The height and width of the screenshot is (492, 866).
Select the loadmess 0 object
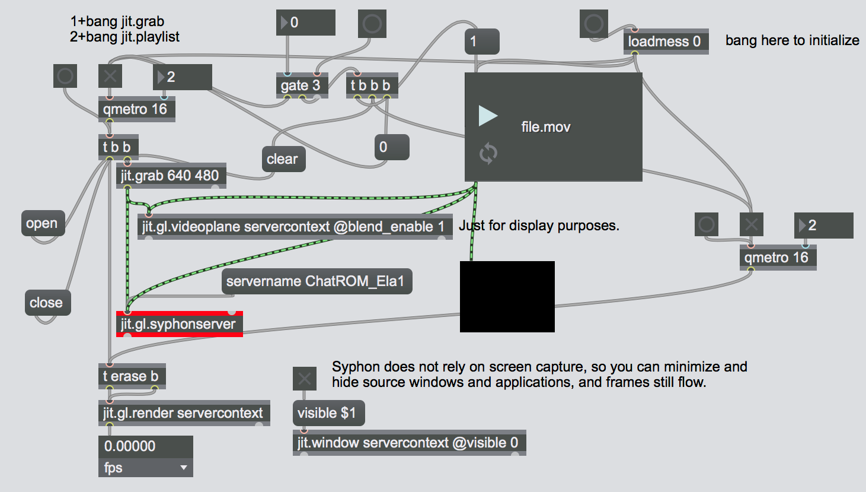pyautogui.click(x=665, y=42)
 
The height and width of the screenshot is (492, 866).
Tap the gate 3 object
pyautogui.click(x=301, y=85)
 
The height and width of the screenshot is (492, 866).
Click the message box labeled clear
pyautogui.click(x=283, y=159)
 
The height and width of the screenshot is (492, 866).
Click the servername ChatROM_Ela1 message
pyautogui.click(x=316, y=281)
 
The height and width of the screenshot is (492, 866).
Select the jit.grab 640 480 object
pyautogui.click(x=171, y=176)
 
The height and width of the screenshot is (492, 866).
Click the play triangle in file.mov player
pyautogui.click(x=488, y=116)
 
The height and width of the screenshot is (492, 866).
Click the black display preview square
pyautogui.click(x=507, y=296)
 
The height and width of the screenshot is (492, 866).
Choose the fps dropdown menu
pyautogui.click(x=145, y=468)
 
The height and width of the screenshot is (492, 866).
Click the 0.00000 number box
pyautogui.click(x=145, y=446)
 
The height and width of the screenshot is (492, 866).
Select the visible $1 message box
pyautogui.click(x=328, y=413)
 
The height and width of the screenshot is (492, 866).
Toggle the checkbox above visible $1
pyautogui.click(x=305, y=378)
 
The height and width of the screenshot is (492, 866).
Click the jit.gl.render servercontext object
pyautogui.click(x=183, y=413)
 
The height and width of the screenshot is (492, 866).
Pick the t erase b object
pyautogui.click(x=131, y=376)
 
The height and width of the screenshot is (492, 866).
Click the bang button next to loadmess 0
pyautogui.click(x=593, y=24)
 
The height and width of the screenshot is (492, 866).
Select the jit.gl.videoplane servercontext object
pyautogui.click(x=294, y=227)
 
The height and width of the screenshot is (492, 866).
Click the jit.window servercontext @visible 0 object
pyautogui.click(x=408, y=443)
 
